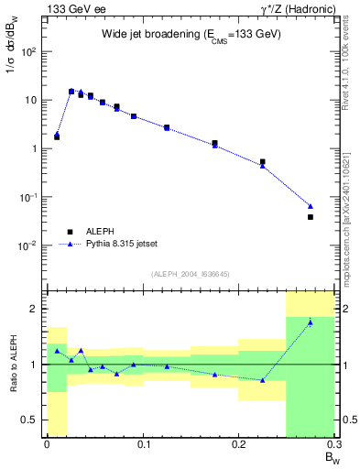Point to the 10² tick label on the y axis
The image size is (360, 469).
pos(29,51)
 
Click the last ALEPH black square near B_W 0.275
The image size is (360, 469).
pos(311,217)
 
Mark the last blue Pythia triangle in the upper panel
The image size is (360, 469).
pos(311,206)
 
